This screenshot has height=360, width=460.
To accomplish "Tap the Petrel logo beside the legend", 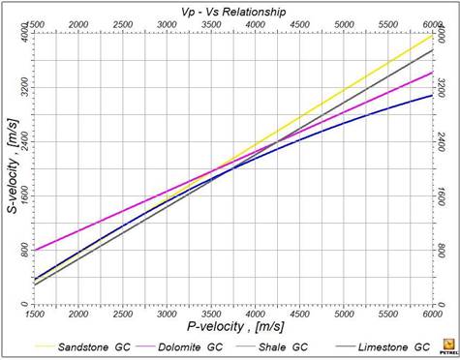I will coord(445,345).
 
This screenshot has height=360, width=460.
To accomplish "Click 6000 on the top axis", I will coord(432,22).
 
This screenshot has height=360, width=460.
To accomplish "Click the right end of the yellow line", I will coord(432,35).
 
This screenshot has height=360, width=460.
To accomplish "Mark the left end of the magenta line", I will coord(34,251).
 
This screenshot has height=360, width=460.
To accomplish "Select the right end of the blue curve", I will coord(432,95).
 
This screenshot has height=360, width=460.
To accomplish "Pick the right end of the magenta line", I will coord(432,72).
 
